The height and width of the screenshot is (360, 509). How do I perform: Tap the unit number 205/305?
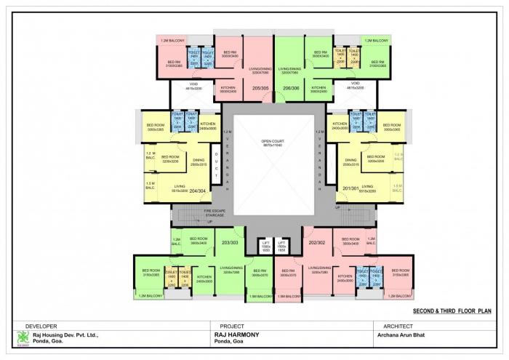[x=252, y=87]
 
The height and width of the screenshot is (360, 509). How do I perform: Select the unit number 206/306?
[x=291, y=87]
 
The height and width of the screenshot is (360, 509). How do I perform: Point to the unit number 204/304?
[x=199, y=193]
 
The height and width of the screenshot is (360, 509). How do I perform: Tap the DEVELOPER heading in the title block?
[x=41, y=326]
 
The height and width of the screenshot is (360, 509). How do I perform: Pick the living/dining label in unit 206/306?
[x=290, y=70]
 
